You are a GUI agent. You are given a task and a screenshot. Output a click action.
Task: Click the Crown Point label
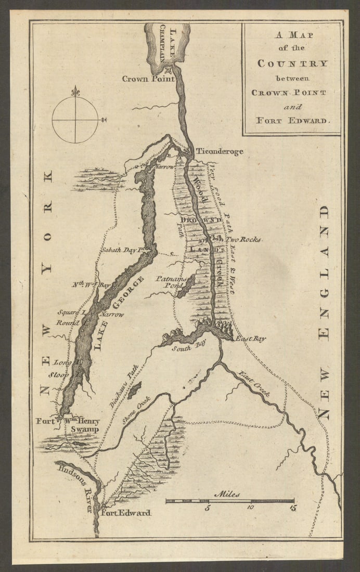[x=148, y=79]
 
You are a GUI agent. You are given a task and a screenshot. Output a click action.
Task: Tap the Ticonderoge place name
[x=220, y=151]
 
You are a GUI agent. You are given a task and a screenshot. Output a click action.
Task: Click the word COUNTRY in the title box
[x=293, y=63]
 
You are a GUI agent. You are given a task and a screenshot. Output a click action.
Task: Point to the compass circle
[x=75, y=120]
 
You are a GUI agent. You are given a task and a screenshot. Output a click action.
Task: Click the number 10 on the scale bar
[x=251, y=508]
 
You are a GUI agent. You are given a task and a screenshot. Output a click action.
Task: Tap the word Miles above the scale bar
[x=227, y=495]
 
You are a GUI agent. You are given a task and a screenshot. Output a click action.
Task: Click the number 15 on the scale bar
[x=293, y=508]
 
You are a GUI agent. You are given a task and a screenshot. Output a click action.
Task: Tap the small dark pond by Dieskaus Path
[x=134, y=388]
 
